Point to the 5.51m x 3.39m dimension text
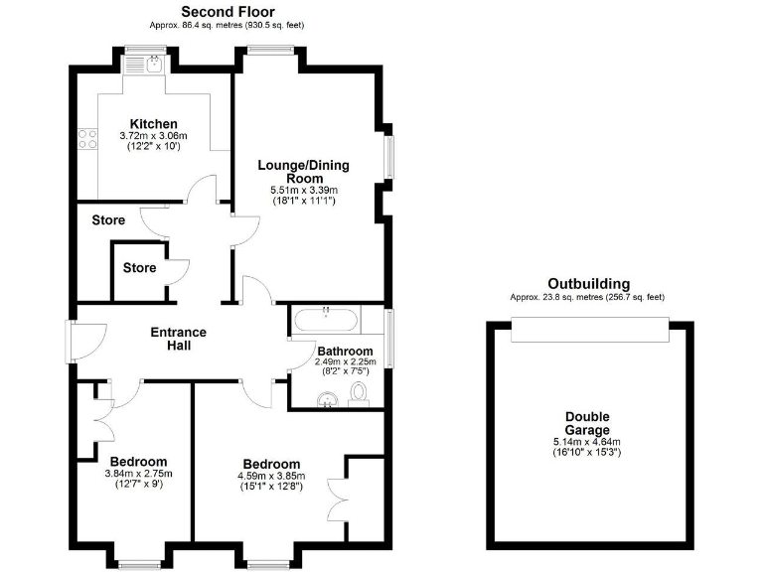click(304, 190)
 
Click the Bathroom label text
click(345, 351)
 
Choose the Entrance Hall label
click(178, 339)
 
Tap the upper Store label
click(109, 219)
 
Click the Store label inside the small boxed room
click(139, 267)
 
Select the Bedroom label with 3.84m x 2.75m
click(138, 462)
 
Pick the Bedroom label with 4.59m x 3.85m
click(271, 464)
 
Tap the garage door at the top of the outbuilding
click(587, 330)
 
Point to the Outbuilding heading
click(587, 284)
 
